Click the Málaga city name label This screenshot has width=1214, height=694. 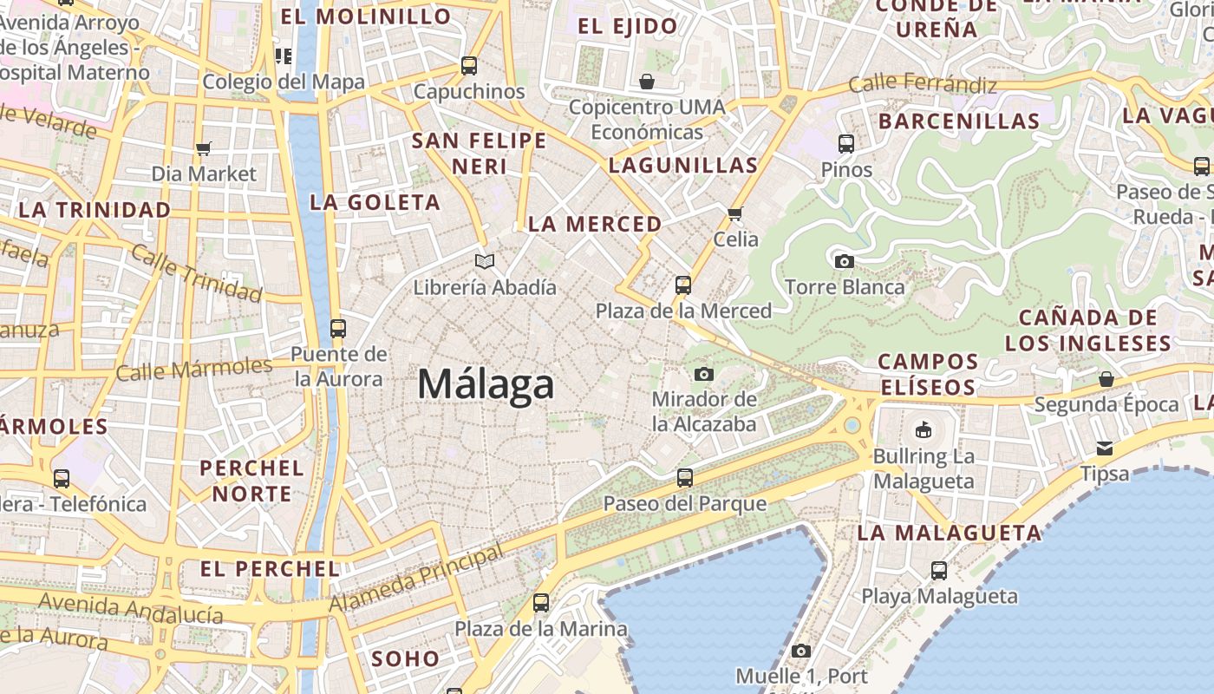point(486,384)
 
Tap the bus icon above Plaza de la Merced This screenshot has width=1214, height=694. point(683,285)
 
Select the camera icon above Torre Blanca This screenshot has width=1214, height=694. point(844,261)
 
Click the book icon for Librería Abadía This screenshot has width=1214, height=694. point(485,261)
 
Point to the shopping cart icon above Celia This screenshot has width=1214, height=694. point(735,213)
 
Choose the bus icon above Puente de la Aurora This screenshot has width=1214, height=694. point(338,329)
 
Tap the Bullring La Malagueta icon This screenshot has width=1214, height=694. point(924,429)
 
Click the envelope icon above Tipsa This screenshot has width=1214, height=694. point(1105,448)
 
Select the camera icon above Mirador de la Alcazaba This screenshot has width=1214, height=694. point(704,374)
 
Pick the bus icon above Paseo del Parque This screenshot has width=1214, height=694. point(685,477)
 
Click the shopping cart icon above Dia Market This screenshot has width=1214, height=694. point(204,148)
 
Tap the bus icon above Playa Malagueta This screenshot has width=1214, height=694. point(939,570)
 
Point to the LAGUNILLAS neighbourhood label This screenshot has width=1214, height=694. point(683,165)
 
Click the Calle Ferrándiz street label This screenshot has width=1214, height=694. point(923,84)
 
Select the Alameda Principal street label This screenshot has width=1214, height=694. point(417,579)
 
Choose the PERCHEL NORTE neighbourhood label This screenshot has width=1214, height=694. point(252,481)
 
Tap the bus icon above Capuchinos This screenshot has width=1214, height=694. point(469,65)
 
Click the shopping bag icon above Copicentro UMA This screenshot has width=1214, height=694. point(647,82)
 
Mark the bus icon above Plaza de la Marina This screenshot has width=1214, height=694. point(541,602)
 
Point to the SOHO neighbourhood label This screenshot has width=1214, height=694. point(406,659)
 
